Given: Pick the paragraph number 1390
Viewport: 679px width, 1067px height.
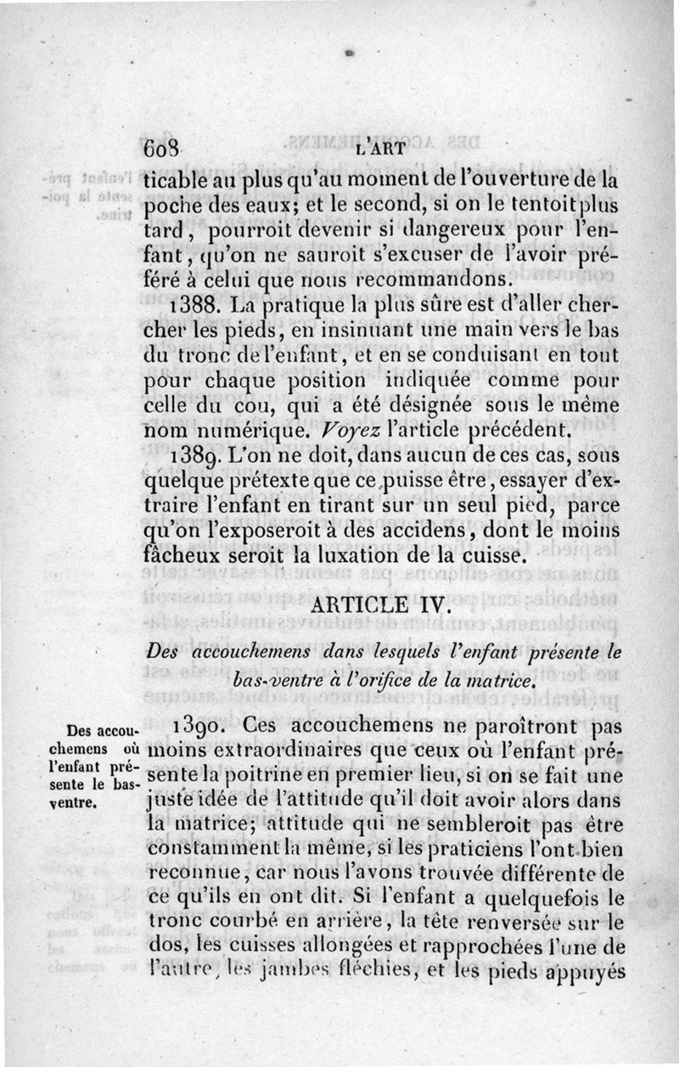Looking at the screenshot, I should tap(199, 727).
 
